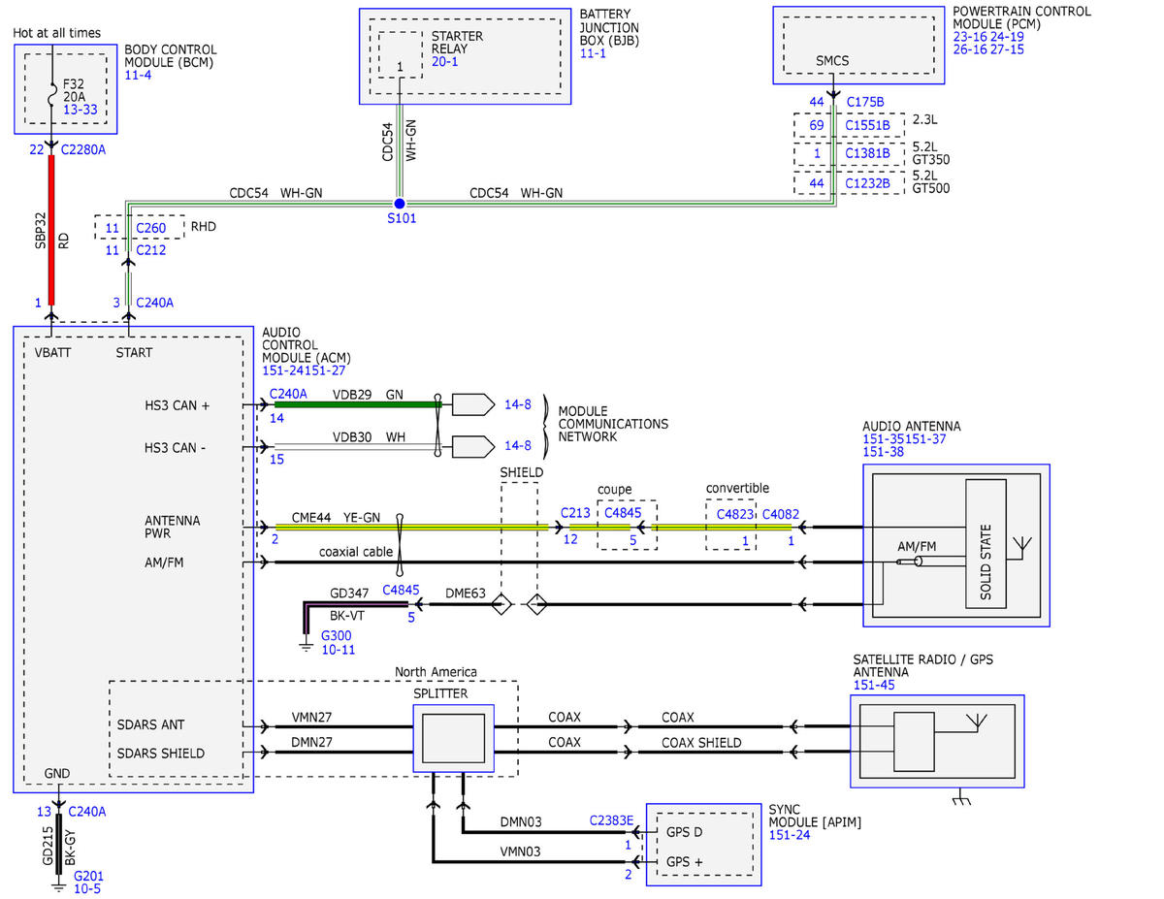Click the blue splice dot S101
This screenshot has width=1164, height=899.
399,204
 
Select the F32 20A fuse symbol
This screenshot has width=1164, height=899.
52,94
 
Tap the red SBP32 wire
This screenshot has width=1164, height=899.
51,230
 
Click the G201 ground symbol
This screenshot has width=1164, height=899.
58,888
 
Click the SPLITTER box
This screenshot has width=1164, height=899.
453,738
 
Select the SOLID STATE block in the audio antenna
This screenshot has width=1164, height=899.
986,543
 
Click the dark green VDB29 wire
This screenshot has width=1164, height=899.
358,404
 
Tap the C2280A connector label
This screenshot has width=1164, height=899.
83,150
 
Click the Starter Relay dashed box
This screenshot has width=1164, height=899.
401,54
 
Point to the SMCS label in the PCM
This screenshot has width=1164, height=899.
832,61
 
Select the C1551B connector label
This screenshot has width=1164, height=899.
867,125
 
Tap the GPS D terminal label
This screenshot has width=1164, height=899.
684,832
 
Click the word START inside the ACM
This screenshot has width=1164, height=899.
134,353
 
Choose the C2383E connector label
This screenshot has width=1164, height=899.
611,820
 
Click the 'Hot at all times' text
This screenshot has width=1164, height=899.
57,33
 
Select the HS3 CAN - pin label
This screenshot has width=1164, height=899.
176,448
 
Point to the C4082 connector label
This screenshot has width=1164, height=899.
781,515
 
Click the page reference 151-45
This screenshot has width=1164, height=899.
874,686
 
